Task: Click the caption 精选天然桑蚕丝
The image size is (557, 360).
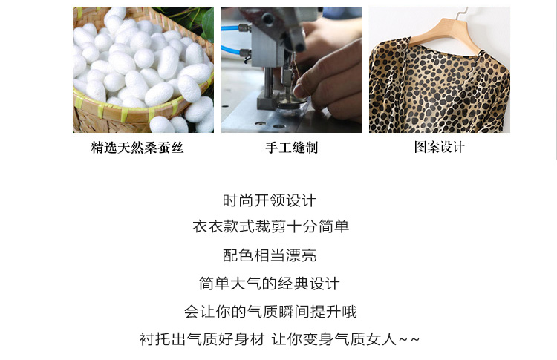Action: (137, 147)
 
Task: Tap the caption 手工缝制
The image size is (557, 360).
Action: (292, 147)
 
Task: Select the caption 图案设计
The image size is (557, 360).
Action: (440, 147)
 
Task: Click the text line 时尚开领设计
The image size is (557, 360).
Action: (270, 200)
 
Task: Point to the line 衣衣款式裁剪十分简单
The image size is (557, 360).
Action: (270, 226)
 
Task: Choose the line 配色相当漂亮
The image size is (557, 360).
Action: (270, 255)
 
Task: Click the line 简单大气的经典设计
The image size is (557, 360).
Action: (270, 284)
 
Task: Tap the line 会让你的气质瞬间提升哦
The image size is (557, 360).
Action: (270, 312)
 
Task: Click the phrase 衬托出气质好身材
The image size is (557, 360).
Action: (202, 339)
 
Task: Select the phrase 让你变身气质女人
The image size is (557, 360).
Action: (334, 339)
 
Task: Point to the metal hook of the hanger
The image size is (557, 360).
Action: (461, 12)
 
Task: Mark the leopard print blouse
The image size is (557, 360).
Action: (440, 86)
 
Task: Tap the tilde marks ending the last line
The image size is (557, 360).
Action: (409, 340)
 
